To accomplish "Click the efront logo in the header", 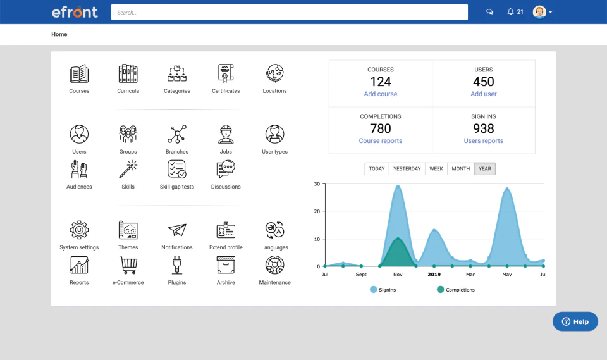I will (75, 12).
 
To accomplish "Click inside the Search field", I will (289, 12).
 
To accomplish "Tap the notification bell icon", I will (510, 12).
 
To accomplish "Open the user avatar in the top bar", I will (539, 12).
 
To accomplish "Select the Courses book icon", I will (79, 74).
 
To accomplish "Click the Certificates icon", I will (226, 74).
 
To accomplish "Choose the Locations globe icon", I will (274, 74).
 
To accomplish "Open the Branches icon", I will (177, 134).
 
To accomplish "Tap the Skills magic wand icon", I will (128, 170).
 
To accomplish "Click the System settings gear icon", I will (79, 230).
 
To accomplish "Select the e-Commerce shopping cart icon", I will (128, 264).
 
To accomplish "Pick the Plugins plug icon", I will (177, 264).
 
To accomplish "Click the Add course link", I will (381, 94).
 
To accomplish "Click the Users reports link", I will (483, 141).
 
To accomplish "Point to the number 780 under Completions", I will (381, 128).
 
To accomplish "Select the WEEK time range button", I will (436, 169).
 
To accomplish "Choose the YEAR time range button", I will (485, 169).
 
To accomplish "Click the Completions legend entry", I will (455, 290).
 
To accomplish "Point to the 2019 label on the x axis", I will (434, 275).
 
